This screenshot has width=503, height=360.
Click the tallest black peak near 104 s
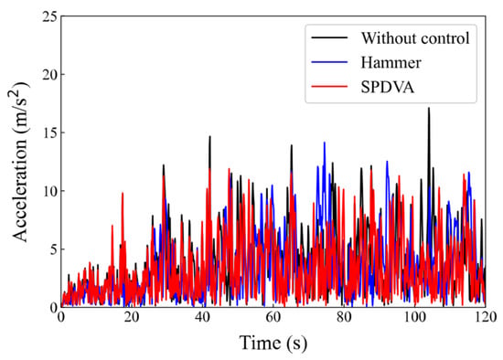[429, 109]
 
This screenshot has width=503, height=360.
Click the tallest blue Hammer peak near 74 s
[325, 143]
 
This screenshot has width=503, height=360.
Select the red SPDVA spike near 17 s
[123, 194]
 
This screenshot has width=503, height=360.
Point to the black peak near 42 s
[209, 137]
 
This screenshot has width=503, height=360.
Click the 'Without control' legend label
[415, 38]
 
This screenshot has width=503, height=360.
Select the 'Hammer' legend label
[391, 62]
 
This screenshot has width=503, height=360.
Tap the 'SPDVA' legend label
[388, 87]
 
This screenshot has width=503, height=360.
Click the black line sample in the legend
[329, 37]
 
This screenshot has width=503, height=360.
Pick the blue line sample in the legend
[329, 62]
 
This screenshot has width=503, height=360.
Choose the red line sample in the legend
[329, 87]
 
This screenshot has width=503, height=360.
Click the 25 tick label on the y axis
[49, 16]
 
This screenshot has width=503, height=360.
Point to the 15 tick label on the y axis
[49, 132]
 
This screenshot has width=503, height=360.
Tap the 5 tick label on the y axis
[54, 249]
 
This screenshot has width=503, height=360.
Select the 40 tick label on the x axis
[202, 317]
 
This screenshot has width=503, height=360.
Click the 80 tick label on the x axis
[344, 317]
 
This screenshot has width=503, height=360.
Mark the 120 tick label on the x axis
[485, 317]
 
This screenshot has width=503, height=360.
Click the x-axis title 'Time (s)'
[273, 344]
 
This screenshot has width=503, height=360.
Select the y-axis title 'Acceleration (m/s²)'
[21, 162]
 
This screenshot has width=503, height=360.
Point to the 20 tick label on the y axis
[49, 74]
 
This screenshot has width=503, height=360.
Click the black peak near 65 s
[292, 146]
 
